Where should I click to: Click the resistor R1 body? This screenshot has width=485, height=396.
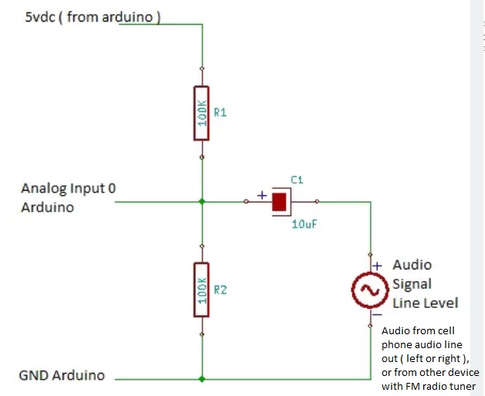click(202, 113)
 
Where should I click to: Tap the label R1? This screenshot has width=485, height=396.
click(220, 113)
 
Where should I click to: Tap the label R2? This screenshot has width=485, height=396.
click(220, 289)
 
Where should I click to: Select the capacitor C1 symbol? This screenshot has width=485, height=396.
click(280, 203)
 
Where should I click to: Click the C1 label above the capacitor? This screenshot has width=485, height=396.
click(297, 180)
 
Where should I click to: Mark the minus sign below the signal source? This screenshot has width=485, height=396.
click(377, 315)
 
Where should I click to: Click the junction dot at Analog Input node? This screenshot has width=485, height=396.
click(202, 201)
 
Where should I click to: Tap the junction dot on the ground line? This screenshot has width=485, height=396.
click(202, 379)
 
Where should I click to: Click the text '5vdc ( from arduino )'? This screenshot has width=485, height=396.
click(93, 17)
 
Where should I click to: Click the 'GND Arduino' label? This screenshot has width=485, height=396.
click(62, 376)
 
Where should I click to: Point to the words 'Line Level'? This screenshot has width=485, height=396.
click(426, 303)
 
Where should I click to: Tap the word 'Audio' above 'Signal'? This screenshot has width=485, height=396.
click(412, 266)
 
